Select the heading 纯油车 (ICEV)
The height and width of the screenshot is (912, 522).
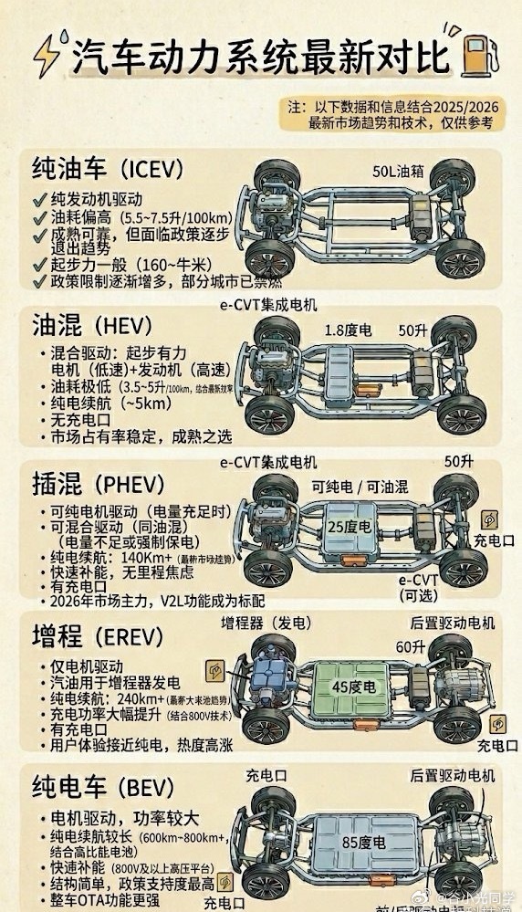108,170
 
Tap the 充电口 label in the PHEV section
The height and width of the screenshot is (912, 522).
494,541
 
